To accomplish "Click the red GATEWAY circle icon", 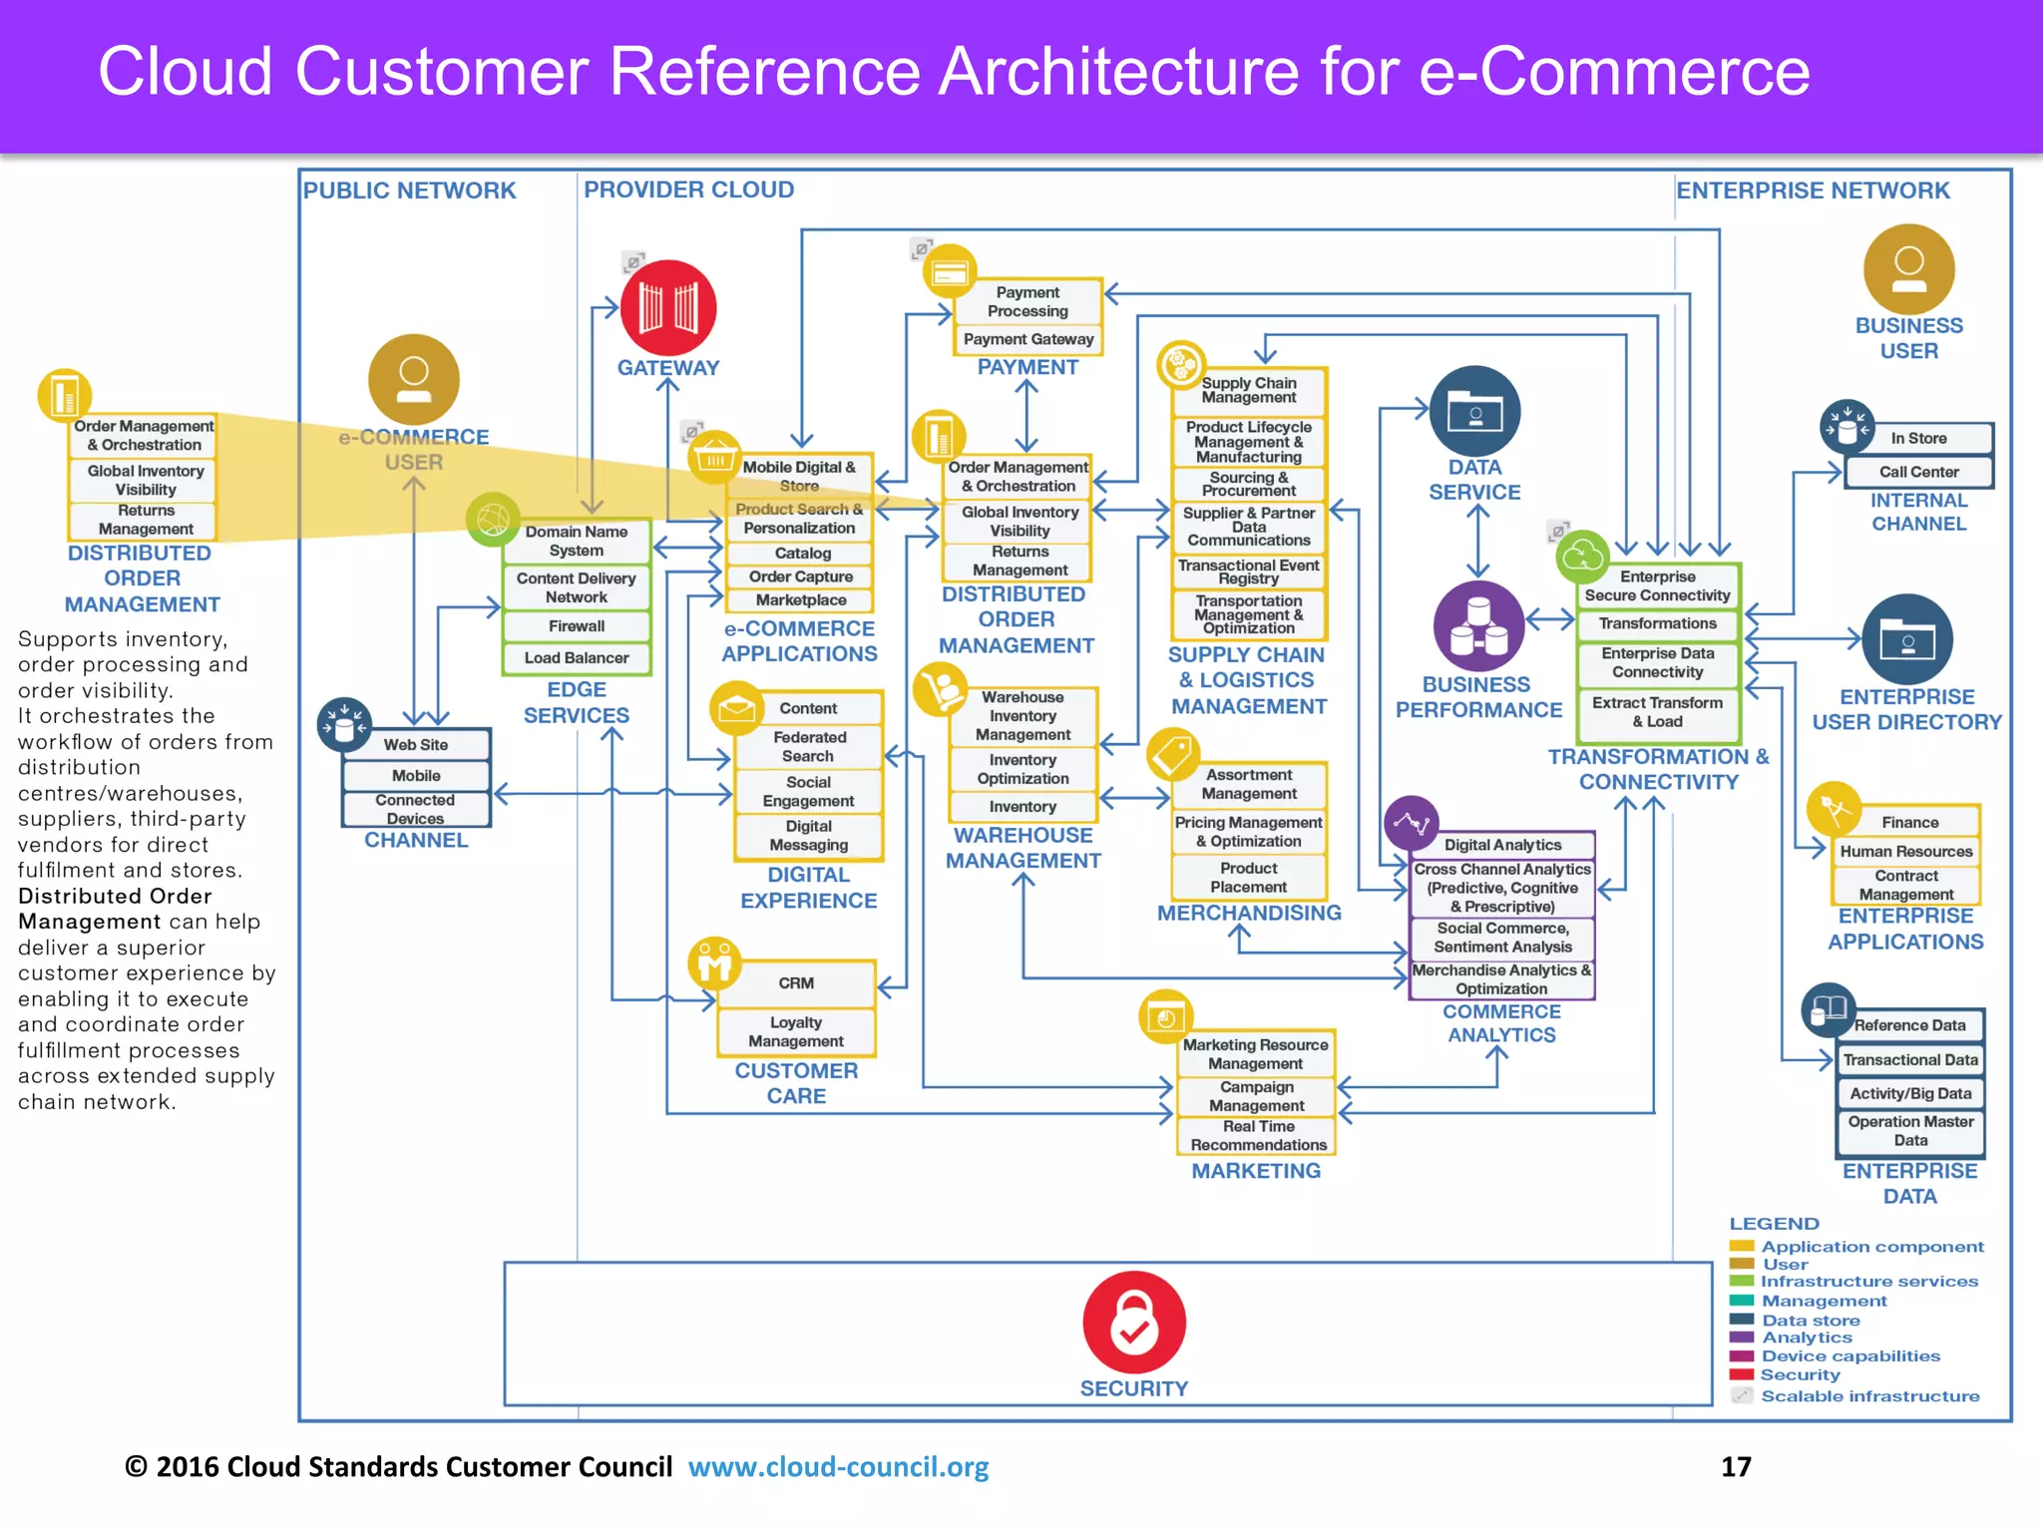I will [x=667, y=307].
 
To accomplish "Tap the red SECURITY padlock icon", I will [x=1134, y=1322].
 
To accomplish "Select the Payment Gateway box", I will [x=1028, y=339].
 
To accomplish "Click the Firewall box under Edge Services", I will [x=577, y=626].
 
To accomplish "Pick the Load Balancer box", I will [x=577, y=658].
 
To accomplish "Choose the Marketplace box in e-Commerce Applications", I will [x=801, y=600].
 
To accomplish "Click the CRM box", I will [x=796, y=983].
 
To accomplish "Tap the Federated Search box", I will [x=809, y=746].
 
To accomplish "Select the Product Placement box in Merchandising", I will [x=1248, y=878].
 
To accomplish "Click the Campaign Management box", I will [x=1256, y=1096].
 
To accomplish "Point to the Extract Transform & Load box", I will [x=1657, y=712].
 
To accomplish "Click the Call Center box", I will [x=1918, y=472].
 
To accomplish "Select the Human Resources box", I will [x=1905, y=852].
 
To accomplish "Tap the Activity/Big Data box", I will [x=1910, y=1093].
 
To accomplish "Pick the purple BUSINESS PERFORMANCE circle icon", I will [x=1478, y=626].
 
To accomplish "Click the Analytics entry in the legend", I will [x=1806, y=1338].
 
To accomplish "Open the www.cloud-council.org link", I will [x=838, y=1467].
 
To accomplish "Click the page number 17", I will [x=1736, y=1467].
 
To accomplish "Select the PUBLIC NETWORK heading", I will [x=409, y=191].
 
